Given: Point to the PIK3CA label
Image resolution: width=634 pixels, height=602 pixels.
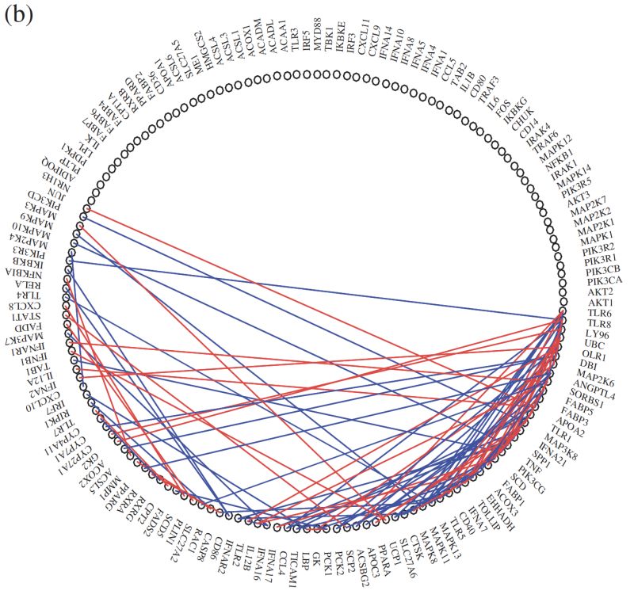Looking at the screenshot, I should pos(605,280).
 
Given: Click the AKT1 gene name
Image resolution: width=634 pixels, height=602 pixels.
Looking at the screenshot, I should pos(600,303).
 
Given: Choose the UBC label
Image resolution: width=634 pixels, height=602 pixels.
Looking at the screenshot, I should pos(594,345).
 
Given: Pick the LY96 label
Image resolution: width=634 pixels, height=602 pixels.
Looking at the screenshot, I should pos(597,333).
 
